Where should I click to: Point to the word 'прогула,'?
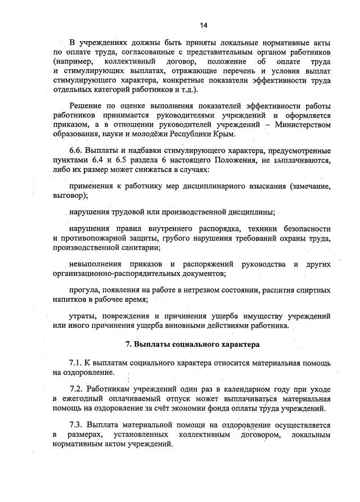[85, 290]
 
